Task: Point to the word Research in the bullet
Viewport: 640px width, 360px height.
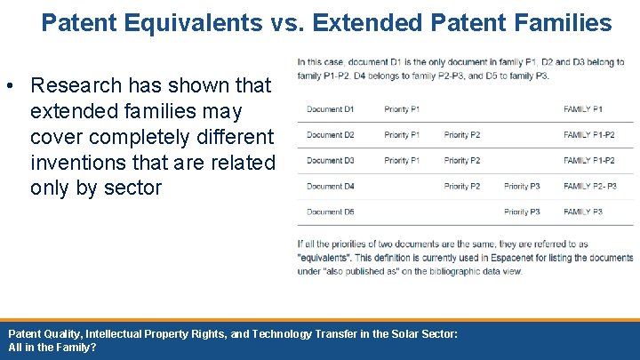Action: coord(76,85)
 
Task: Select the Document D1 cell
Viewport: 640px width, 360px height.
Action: coord(330,109)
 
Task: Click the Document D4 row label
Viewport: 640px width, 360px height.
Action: coord(330,187)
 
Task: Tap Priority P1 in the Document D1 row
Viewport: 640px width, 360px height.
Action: coord(402,109)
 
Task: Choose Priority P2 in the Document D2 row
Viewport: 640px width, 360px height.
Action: coord(461,135)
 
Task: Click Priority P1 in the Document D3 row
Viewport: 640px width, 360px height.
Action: coord(402,161)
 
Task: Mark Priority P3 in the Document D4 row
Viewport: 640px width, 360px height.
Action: coord(522,187)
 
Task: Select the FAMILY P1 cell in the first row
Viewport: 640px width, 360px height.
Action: coord(582,109)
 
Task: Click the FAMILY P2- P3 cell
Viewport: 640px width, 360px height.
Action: coord(589,187)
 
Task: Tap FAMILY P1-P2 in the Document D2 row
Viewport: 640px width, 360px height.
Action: coord(588,135)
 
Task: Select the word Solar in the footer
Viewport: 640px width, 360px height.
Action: coord(378,333)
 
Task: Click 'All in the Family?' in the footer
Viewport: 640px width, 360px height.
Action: coord(52,348)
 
